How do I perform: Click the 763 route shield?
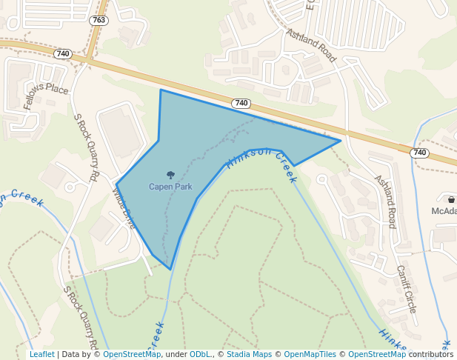pyautogui.click(x=99, y=20)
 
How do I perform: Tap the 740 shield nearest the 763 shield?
pyautogui.click(x=63, y=54)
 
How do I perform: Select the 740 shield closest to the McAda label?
pyautogui.click(x=420, y=153)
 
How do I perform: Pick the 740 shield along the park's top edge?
pyautogui.click(x=241, y=103)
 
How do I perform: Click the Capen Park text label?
pyautogui.click(x=170, y=187)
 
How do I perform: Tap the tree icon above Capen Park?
pyautogui.click(x=171, y=176)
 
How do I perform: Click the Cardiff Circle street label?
pyautogui.click(x=406, y=288)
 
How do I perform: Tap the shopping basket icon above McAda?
pyautogui.click(x=451, y=199)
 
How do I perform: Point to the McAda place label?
pyautogui.click(x=444, y=211)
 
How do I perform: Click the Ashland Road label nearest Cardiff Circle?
pyautogui.click(x=386, y=201)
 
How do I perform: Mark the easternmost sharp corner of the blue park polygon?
pyautogui.click(x=341, y=140)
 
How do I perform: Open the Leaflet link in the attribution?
pyautogui.click(x=41, y=355)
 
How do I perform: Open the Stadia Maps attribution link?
pyautogui.click(x=249, y=355)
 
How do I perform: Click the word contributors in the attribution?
pyautogui.click(x=431, y=355)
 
